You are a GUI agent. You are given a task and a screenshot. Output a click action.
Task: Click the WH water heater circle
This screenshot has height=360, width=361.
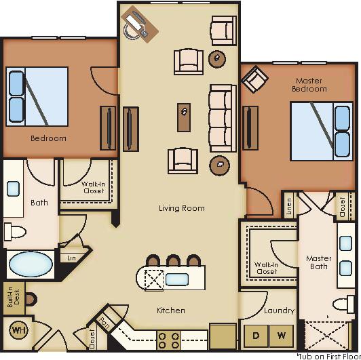coord(18,332)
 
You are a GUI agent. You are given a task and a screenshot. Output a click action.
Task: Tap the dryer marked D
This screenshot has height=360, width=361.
coord(255,334)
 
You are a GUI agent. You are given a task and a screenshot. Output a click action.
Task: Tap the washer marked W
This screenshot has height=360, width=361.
coord(282,334)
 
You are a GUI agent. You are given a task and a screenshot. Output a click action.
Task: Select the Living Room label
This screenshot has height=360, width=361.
coord(182,208)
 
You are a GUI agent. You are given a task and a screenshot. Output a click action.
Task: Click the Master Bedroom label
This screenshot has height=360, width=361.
coord(309,85)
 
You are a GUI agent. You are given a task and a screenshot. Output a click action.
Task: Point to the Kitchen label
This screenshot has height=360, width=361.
coord(171,311)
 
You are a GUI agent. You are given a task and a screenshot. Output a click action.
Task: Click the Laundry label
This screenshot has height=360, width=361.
coord(279,311)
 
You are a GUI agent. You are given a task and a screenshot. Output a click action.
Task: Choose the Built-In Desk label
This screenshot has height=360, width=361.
coord(13,297)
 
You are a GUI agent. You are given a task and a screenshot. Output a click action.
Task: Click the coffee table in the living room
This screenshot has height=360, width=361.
coord(184,117)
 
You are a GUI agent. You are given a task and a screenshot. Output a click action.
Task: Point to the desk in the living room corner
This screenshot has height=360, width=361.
coord(140,24)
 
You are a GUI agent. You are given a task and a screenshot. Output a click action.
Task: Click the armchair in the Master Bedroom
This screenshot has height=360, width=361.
coord(254,79)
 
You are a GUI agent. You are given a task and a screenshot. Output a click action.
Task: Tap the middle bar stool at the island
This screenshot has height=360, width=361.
coord(174,261)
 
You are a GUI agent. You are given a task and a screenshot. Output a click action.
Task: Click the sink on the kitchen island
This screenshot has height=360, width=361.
coord(177,279)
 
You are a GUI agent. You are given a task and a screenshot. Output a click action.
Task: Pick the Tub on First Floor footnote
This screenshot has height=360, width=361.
coord(328,355)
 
